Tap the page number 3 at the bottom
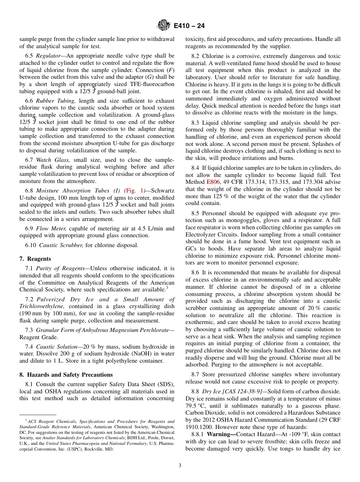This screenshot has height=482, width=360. (180, 465)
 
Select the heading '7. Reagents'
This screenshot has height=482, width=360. (35, 259)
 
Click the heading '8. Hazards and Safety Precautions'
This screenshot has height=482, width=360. (66, 375)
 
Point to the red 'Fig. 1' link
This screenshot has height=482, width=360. (135, 191)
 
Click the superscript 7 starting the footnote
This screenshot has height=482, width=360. (26, 421)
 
